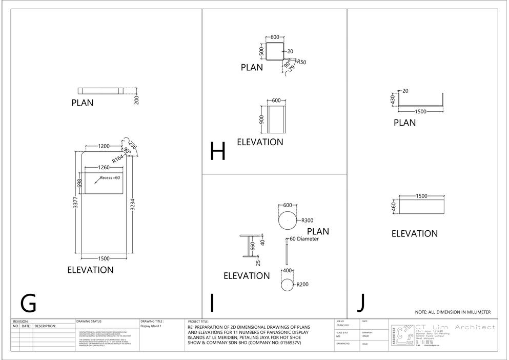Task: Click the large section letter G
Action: [x=28, y=303]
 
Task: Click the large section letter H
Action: [x=218, y=152]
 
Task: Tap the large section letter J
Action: [x=361, y=303]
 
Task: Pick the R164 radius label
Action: [x=118, y=159]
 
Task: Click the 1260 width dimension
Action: [x=104, y=167]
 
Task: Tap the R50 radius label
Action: [x=301, y=62]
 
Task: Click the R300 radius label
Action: [x=307, y=221]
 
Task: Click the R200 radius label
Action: [x=301, y=285]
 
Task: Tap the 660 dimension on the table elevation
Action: [x=252, y=246]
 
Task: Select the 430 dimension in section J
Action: [x=393, y=98]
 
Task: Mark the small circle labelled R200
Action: [x=287, y=285]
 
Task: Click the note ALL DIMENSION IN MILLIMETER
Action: [x=453, y=312]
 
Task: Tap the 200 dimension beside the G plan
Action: [x=137, y=99]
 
